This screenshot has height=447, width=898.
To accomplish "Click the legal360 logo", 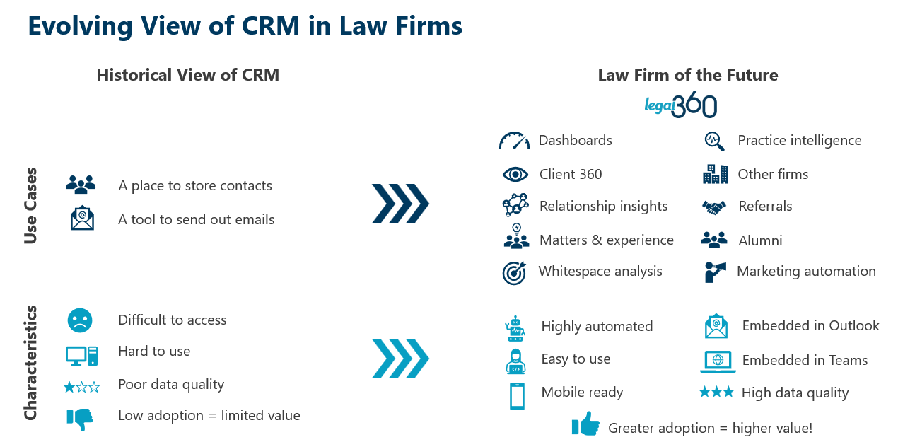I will (680, 106).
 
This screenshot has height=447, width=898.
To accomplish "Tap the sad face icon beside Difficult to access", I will (80, 320).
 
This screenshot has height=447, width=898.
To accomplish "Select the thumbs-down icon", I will (80, 418).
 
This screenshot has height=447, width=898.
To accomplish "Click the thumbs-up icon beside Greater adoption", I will (585, 425).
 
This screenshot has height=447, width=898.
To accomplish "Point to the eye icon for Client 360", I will (515, 174).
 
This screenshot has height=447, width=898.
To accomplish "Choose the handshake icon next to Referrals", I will (714, 207).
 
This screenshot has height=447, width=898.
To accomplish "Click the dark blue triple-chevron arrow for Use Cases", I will (400, 204).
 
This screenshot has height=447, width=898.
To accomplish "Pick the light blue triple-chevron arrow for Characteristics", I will (400, 359).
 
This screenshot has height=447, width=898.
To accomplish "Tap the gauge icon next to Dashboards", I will (514, 140).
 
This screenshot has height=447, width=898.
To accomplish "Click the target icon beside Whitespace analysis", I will (515, 272).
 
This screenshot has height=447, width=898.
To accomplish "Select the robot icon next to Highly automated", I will (515, 328).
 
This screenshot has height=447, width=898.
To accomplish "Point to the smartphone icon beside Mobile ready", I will (517, 396).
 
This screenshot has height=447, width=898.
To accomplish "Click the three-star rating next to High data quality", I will (716, 392).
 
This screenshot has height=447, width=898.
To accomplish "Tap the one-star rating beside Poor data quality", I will (81, 387).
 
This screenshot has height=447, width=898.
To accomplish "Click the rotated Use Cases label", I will (30, 206).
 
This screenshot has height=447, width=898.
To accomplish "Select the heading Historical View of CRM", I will (188, 75).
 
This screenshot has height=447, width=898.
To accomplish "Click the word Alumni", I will (760, 240).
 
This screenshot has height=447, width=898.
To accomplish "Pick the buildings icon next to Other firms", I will (715, 173).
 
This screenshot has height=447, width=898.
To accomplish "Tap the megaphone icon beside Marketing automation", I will (715, 272).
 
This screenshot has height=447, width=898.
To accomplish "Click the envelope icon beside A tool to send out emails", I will (82, 218).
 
